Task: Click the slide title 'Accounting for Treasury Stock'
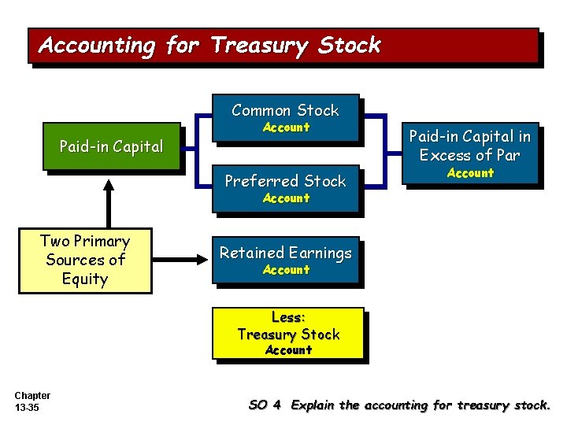pyautogui.click(x=209, y=45)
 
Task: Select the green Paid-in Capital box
pyautogui.click(x=111, y=146)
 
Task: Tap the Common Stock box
pyautogui.click(x=285, y=118)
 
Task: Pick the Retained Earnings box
pyautogui.click(x=285, y=260)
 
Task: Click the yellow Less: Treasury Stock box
pyautogui.click(x=288, y=333)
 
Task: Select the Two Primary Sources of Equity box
pyautogui.click(x=85, y=260)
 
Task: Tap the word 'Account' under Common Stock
pyautogui.click(x=286, y=128)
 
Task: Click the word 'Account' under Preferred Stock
pyautogui.click(x=286, y=198)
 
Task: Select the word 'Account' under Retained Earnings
pyautogui.click(x=286, y=270)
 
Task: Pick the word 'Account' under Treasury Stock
pyautogui.click(x=288, y=350)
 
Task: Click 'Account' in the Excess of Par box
pyautogui.click(x=470, y=173)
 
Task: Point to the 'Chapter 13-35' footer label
pyautogui.click(x=32, y=401)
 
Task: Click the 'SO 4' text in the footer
pyautogui.click(x=265, y=405)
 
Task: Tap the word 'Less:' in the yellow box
pyautogui.click(x=288, y=317)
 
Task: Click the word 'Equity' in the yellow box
pyautogui.click(x=84, y=279)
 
